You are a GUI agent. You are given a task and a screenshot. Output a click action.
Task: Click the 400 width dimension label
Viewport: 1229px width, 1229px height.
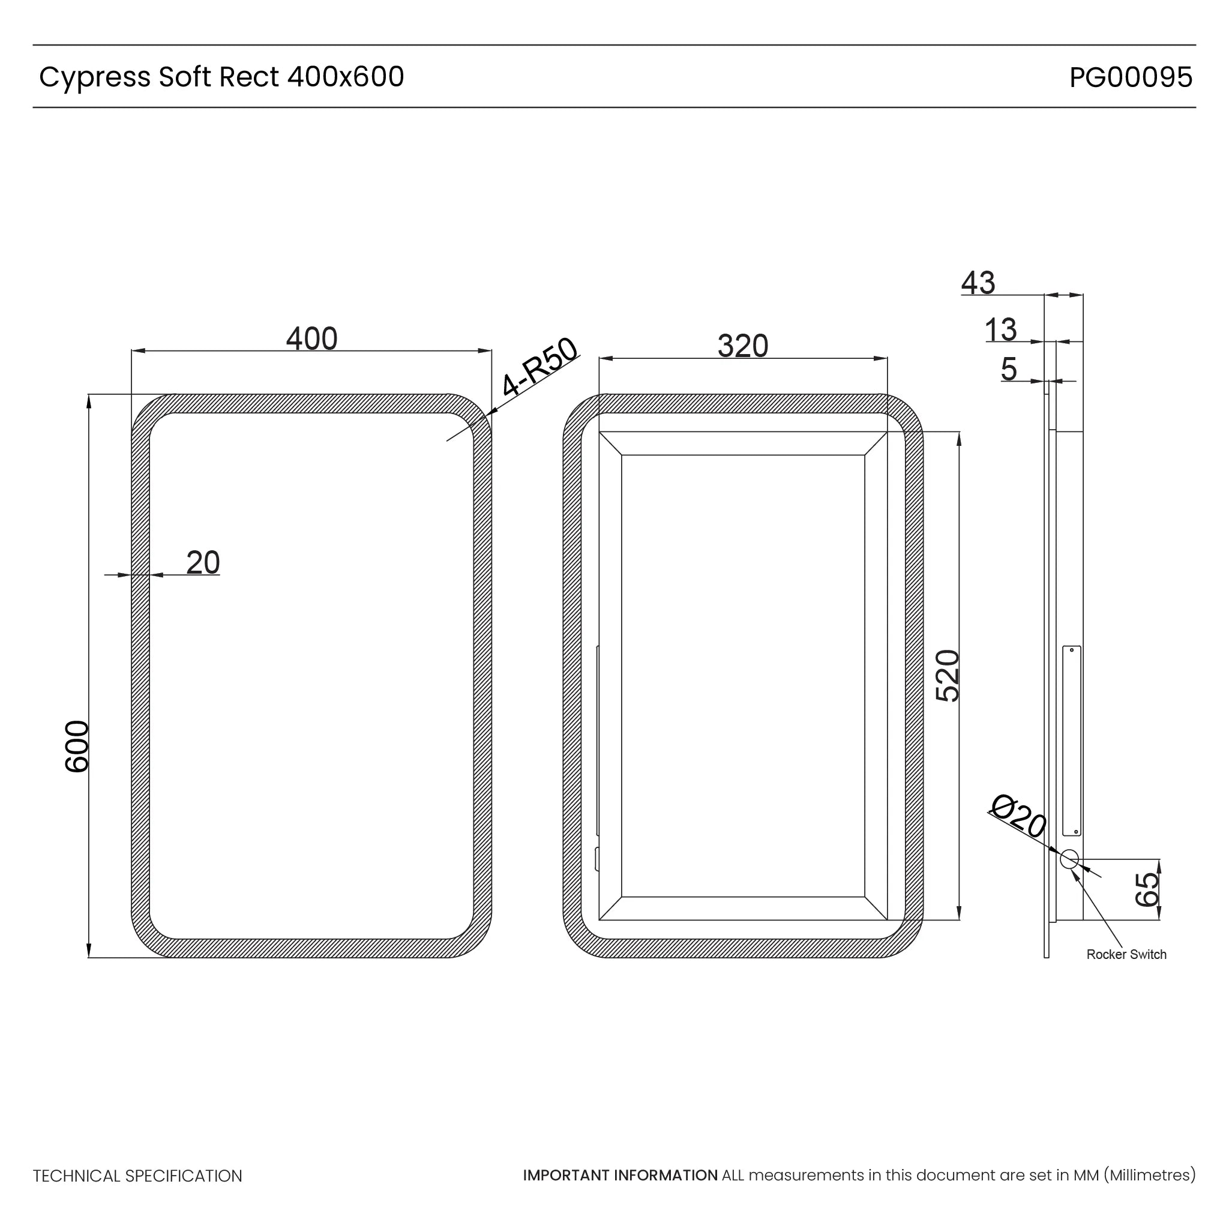[x=311, y=339]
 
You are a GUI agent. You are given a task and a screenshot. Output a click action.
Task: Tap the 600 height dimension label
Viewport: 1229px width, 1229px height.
[x=77, y=747]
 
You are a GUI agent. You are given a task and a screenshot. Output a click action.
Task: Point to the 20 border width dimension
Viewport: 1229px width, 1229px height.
[x=203, y=563]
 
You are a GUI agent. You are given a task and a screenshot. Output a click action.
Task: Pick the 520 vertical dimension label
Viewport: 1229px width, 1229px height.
[x=947, y=676]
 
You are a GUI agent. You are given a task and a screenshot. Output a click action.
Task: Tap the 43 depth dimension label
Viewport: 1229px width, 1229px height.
[x=978, y=283]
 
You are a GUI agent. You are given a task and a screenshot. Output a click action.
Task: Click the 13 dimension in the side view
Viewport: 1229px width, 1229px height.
[x=1000, y=330]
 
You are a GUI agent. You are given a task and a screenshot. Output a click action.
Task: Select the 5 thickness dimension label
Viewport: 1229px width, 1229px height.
[x=1008, y=370]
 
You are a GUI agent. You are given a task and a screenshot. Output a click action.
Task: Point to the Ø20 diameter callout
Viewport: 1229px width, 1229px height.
[x=1018, y=816]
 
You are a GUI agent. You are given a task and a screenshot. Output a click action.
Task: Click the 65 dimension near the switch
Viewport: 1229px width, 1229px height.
[x=1147, y=889]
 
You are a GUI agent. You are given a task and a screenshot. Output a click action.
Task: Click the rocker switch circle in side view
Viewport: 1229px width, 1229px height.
[x=1069, y=859]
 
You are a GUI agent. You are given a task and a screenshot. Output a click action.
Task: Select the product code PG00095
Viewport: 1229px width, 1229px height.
[x=1131, y=77]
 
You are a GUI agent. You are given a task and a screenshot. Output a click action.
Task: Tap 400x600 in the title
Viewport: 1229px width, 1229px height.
[x=346, y=77]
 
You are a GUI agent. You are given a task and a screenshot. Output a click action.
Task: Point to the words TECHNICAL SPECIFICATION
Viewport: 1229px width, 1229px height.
[x=137, y=1176]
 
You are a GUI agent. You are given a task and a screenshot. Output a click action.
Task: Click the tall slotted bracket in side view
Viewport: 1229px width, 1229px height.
[x=1072, y=742]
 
